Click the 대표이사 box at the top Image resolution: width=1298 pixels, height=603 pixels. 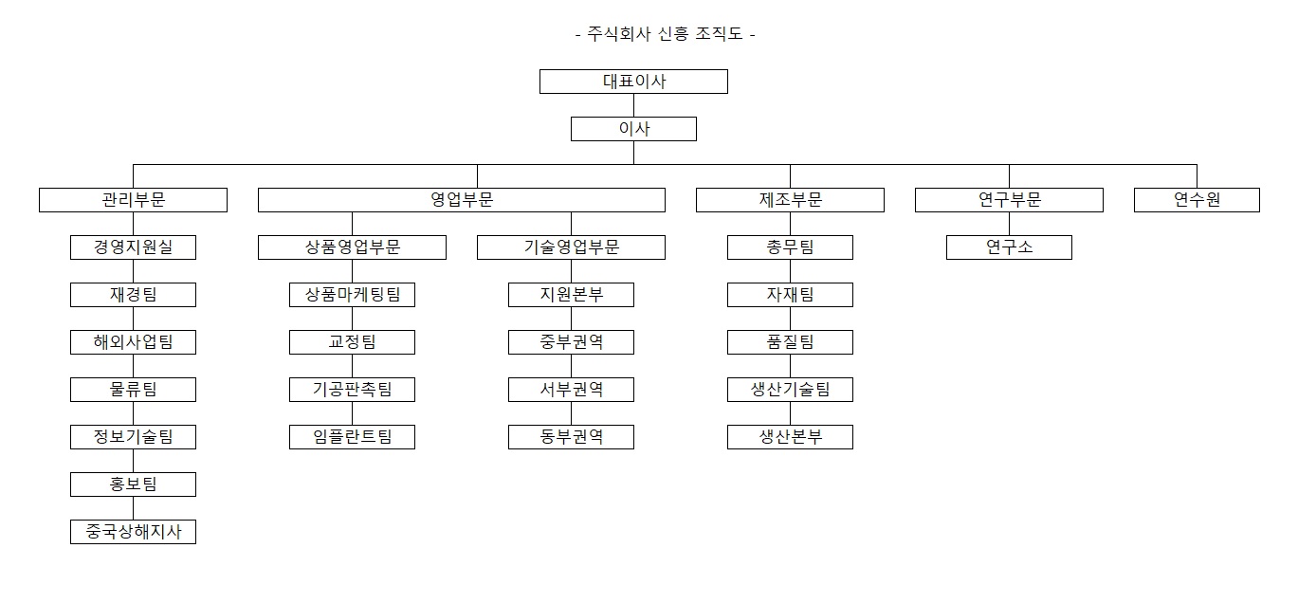633,82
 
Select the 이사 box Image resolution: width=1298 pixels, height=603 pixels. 633,129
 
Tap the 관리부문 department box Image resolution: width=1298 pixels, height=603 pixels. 134,200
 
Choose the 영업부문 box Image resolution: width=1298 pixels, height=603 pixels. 461,200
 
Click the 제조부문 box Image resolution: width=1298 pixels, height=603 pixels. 790,200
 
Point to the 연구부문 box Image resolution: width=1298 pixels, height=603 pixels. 1009,200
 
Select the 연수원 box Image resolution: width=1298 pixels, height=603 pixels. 1197,200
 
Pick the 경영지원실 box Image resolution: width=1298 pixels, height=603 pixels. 134,247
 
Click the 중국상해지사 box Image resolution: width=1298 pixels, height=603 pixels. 134,532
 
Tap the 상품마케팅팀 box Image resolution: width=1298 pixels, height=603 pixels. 353,295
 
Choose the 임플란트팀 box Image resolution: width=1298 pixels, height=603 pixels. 353,437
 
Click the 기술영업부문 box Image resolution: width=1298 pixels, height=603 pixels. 572,247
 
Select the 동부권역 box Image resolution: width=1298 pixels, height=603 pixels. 572,437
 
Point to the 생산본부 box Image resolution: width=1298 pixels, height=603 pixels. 790,437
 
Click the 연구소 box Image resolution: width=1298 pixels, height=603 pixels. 1009,247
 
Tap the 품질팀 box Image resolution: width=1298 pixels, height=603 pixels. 790,342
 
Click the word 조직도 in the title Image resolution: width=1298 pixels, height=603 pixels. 719,33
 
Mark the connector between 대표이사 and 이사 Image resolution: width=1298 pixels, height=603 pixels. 633,105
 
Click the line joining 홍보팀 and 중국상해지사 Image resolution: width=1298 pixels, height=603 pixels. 134,508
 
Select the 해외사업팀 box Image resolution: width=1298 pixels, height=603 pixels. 134,342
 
